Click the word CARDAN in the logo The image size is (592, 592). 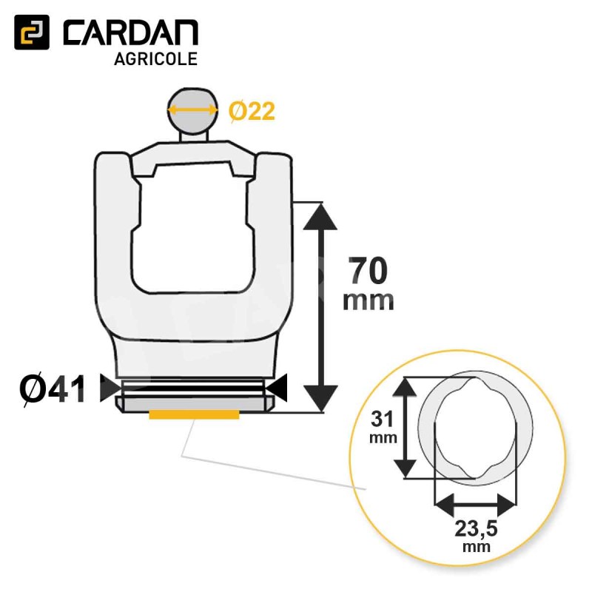pyautogui.click(x=130, y=33)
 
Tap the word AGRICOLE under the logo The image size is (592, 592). pyautogui.click(x=155, y=59)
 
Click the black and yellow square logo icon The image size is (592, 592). pyautogui.click(x=32, y=32)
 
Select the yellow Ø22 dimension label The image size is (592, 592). pyautogui.click(x=252, y=112)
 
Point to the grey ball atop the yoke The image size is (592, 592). pyautogui.click(x=193, y=110)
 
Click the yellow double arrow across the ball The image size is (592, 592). pyautogui.click(x=193, y=110)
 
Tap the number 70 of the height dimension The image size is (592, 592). pyautogui.click(x=368, y=270)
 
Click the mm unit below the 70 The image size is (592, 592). pyautogui.click(x=368, y=301)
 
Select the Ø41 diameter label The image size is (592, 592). pyautogui.click(x=53, y=390)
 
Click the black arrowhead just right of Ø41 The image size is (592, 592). pyautogui.click(x=109, y=388)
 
